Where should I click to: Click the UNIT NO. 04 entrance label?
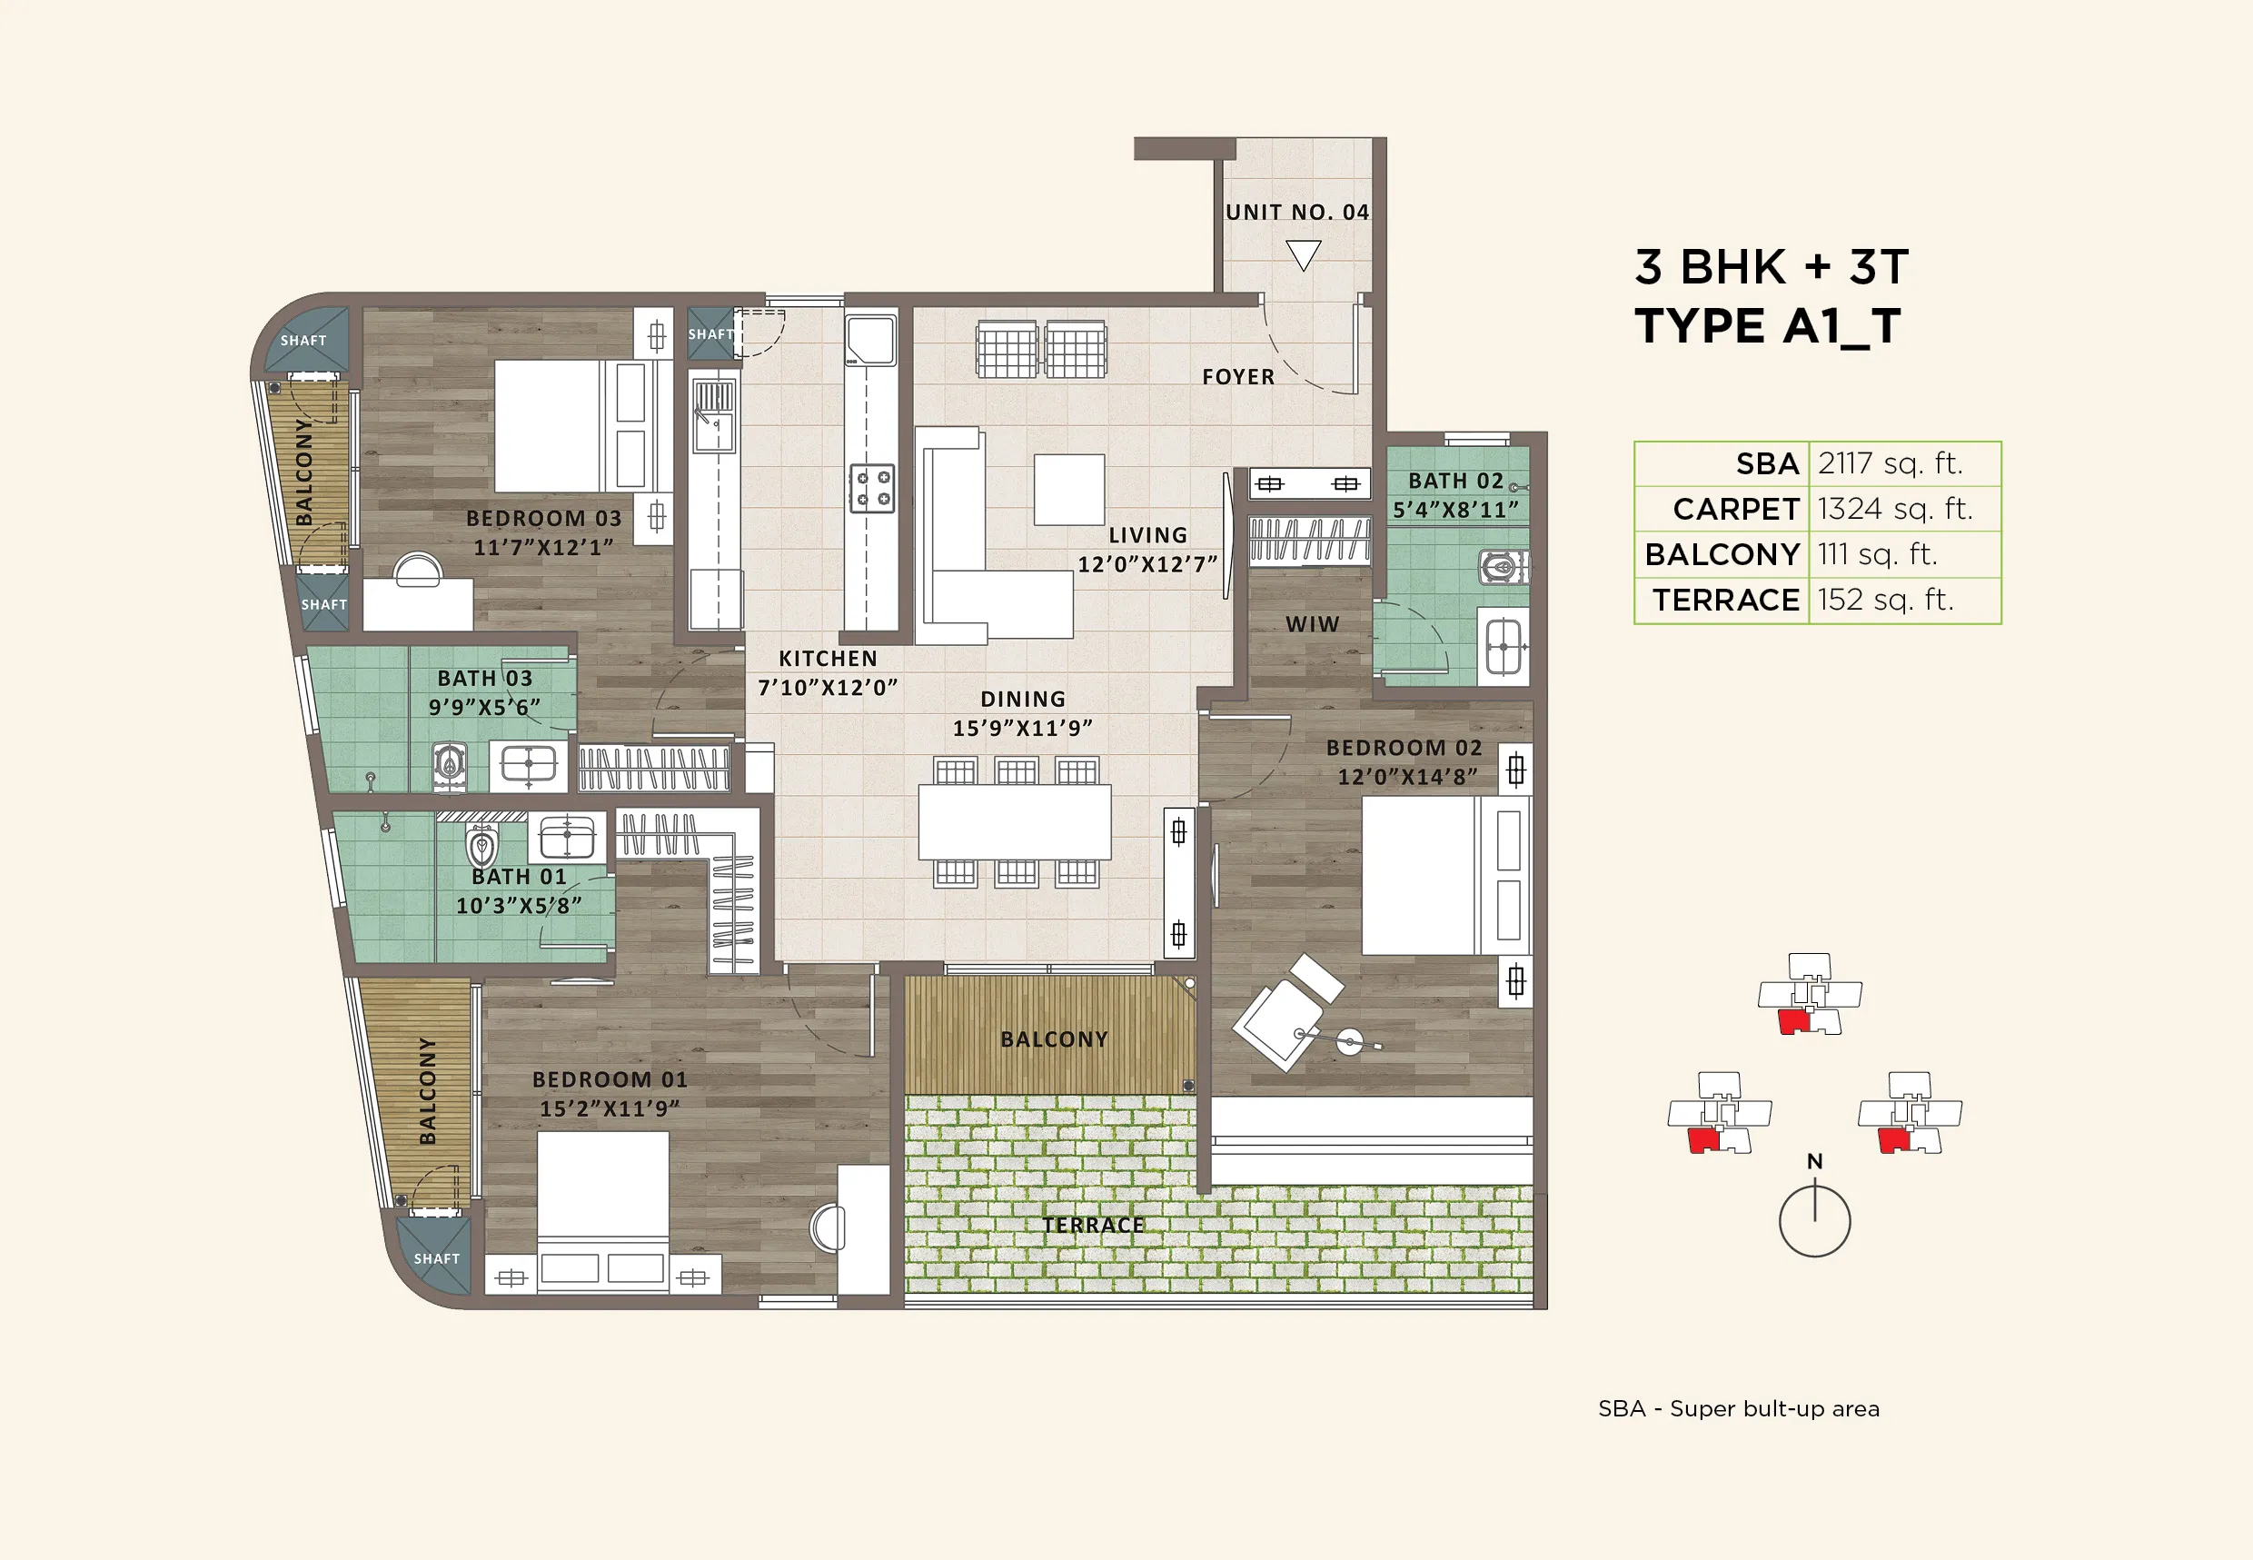click(1297, 212)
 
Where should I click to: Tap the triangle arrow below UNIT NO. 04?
click(1303, 255)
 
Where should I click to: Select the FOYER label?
click(1238, 377)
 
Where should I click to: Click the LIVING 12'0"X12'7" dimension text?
click(1147, 564)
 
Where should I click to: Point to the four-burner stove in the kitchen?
click(871, 488)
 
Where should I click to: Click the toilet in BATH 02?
click(1501, 566)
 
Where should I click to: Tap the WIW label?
click(1312, 624)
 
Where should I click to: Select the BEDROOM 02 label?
click(1404, 748)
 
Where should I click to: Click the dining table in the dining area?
click(1015, 822)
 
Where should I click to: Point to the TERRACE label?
click(1093, 1225)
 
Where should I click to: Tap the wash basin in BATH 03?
click(528, 763)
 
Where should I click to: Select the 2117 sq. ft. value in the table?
click(1890, 463)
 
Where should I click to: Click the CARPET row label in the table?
click(1735, 509)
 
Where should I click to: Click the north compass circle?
click(1814, 1222)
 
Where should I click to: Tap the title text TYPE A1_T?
click(1767, 326)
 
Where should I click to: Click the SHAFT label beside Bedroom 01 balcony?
click(436, 1258)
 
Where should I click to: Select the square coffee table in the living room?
click(1069, 489)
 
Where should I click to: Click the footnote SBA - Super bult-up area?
click(1738, 1408)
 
